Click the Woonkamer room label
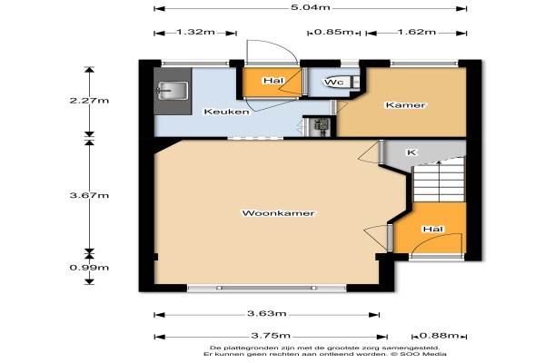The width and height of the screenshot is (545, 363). [x=278, y=213]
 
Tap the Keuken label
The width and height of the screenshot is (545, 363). [x=226, y=112]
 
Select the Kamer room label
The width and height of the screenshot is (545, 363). [x=405, y=105]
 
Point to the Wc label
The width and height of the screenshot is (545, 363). [x=334, y=82]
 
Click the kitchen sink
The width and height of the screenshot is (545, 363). [x=173, y=91]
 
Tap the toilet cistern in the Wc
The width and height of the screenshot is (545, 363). [x=355, y=82]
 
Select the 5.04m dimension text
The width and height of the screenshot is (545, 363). [x=310, y=7]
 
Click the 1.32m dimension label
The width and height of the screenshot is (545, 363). [x=195, y=33]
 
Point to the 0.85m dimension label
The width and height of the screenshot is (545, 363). [x=333, y=33]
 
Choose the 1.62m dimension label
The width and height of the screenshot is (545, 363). [x=416, y=33]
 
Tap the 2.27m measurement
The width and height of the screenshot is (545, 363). [x=89, y=101]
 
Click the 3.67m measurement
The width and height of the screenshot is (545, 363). [x=89, y=195]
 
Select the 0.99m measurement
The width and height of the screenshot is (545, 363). [x=89, y=268]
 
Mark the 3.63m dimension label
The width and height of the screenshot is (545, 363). [x=267, y=314]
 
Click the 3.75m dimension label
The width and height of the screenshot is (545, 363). [x=271, y=336]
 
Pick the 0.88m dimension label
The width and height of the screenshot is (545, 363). [x=440, y=336]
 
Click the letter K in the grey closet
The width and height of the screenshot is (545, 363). [x=411, y=152]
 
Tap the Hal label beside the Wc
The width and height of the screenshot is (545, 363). [x=273, y=81]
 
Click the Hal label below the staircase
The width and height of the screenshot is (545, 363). [x=433, y=230]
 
